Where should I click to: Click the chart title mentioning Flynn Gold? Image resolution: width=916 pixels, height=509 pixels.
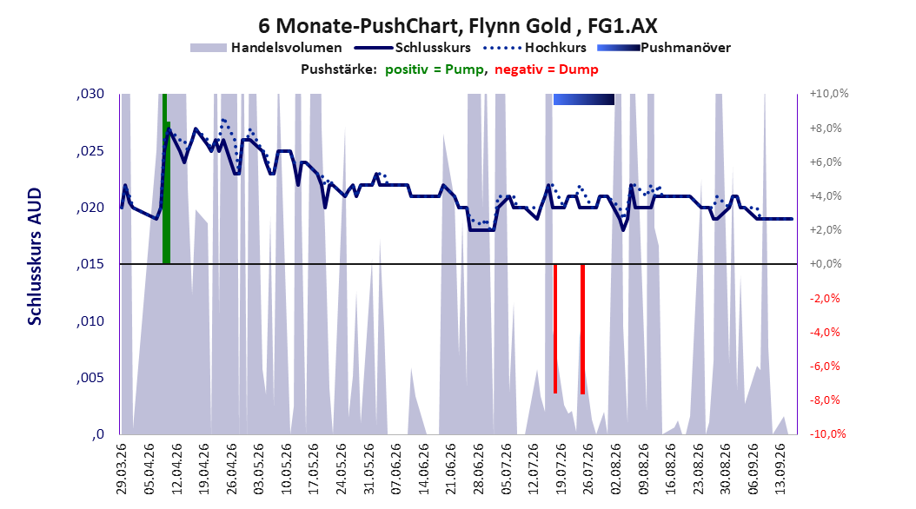point(457,26)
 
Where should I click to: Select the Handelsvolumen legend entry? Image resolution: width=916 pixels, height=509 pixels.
point(266,48)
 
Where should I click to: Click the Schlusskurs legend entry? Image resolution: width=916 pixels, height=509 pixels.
point(413,48)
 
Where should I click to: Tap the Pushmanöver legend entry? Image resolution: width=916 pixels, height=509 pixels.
point(664,48)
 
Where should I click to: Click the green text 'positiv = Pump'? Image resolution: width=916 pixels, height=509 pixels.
point(435,69)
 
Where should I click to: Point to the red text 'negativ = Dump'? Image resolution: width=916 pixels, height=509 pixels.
point(547,69)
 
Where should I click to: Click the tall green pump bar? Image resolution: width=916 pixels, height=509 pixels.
point(166,179)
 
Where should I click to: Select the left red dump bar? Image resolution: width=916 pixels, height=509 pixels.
point(555,328)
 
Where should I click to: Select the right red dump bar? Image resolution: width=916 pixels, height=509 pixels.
point(582,329)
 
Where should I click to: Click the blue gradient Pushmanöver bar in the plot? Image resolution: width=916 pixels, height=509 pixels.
point(584,99)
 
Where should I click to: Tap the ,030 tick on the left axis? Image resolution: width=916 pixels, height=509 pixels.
point(90,94)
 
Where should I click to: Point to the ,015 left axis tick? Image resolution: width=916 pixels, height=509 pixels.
point(90,264)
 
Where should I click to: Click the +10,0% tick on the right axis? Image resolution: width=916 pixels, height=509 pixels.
point(829,94)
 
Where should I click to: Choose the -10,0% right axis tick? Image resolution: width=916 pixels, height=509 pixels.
point(827,433)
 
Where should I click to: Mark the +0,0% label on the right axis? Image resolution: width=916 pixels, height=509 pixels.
point(826,264)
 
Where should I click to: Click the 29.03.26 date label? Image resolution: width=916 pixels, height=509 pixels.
point(122,469)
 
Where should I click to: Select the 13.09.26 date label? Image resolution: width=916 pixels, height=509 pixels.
point(780,469)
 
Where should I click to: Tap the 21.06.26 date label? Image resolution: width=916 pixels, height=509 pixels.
point(451,469)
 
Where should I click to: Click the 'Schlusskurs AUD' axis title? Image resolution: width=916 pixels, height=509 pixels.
point(35,256)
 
